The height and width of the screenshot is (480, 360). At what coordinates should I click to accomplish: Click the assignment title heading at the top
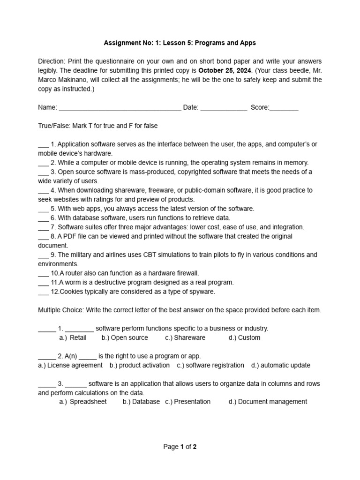[180, 43]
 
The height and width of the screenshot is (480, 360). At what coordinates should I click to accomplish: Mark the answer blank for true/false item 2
[43, 163]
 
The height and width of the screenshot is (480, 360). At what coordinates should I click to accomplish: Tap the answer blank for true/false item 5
[43, 209]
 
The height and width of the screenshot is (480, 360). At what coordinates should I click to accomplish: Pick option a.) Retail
[73, 338]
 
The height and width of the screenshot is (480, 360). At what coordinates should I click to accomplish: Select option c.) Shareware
[185, 338]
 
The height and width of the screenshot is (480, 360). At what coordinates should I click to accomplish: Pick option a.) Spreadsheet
[83, 402]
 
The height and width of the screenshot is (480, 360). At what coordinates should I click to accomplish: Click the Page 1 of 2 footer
[180, 447]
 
